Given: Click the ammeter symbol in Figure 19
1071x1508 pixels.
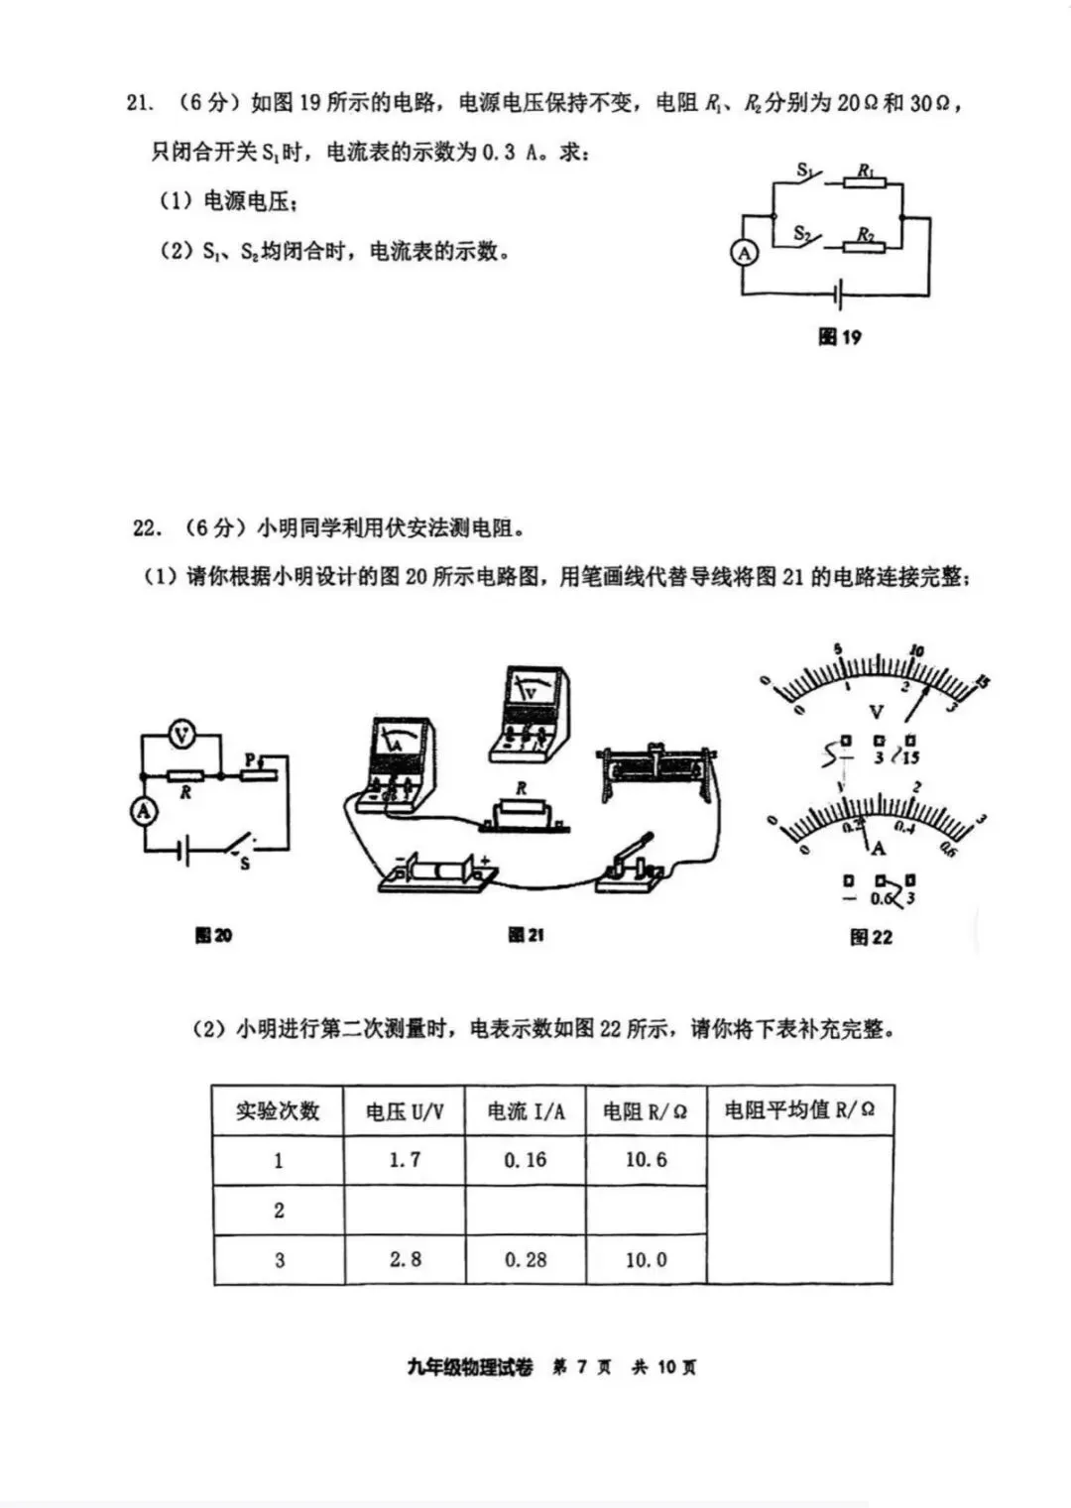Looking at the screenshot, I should click(x=744, y=253).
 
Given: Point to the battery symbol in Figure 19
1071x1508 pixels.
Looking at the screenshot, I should click(x=839, y=294).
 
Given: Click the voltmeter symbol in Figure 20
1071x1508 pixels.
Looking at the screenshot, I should click(x=181, y=735).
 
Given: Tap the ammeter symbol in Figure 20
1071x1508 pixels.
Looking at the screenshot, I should click(x=145, y=811).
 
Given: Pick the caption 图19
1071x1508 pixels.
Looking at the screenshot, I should click(x=839, y=337).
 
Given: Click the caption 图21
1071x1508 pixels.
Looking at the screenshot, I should click(x=526, y=935).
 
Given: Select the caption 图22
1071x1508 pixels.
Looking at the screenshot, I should click(x=871, y=937).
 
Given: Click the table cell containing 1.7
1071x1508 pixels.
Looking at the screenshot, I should click(x=405, y=1160).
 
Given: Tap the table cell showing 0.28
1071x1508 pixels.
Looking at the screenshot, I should click(x=526, y=1260).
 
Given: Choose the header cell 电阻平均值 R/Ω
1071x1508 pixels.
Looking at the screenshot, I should click(x=799, y=1110).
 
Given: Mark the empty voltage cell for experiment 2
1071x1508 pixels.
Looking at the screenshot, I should click(x=405, y=1211).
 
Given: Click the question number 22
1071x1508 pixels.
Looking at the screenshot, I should click(x=146, y=527).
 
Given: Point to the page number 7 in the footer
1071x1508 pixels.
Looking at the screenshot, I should click(x=581, y=1367).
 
